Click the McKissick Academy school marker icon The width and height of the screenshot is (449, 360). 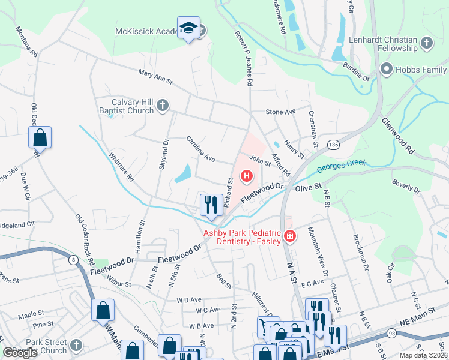189,28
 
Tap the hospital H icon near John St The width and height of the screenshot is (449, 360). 246,176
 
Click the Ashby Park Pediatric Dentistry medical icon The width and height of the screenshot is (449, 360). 290,236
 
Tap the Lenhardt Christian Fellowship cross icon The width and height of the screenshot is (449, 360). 426,43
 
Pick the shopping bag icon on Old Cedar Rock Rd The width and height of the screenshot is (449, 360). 40,137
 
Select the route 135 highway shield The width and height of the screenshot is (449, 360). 333,145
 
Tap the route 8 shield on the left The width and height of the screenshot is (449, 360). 73,259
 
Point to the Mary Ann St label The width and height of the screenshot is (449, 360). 155,76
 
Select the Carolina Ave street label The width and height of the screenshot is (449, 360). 200,149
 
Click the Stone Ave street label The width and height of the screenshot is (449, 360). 281,112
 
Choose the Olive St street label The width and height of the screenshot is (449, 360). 309,188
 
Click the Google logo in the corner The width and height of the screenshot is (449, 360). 20,353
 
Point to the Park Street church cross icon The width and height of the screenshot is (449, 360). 75,345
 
